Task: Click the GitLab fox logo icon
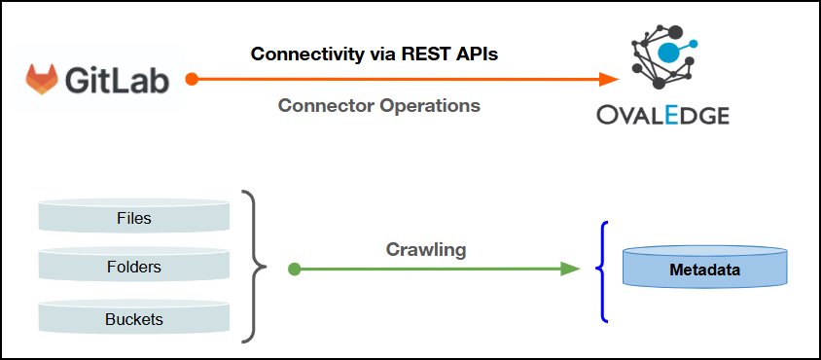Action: (43, 79)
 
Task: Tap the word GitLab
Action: (118, 81)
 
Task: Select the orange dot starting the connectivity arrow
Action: (193, 80)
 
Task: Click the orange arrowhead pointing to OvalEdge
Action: (610, 80)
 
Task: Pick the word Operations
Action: (429, 106)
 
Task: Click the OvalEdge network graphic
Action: (663, 57)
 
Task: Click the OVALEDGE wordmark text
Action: (662, 115)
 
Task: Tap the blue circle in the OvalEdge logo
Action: (668, 51)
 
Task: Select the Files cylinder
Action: (134, 215)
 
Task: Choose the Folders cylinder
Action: (134, 267)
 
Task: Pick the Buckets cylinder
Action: (134, 317)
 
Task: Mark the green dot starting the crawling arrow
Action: (295, 270)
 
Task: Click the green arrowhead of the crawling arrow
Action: (571, 269)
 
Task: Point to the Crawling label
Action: (426, 250)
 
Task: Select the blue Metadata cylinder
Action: (705, 268)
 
